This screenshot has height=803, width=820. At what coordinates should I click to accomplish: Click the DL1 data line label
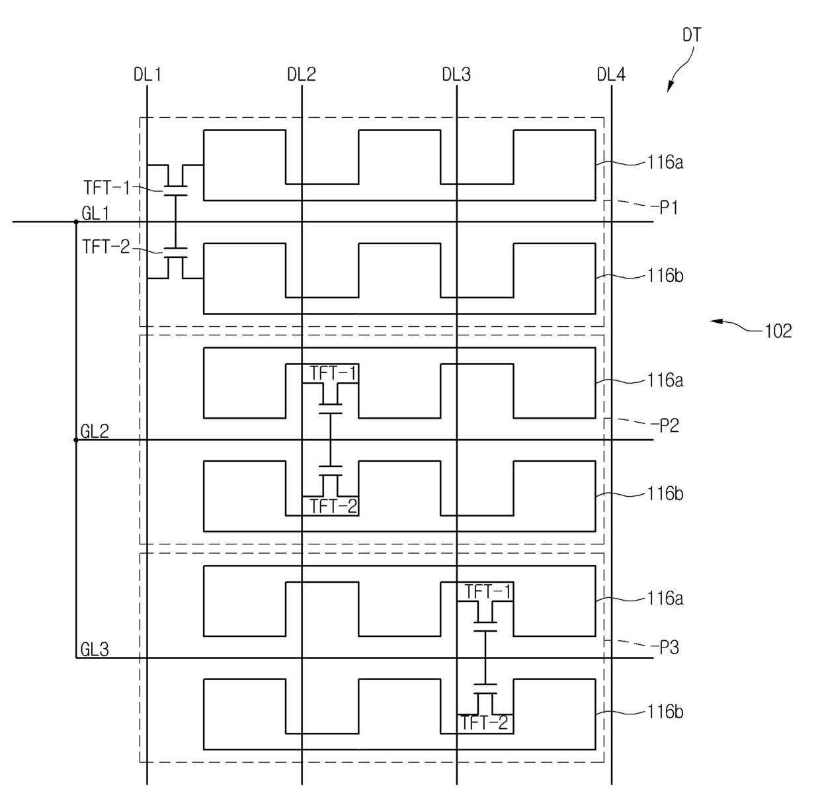[147, 75]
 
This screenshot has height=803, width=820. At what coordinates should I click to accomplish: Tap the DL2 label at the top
[302, 75]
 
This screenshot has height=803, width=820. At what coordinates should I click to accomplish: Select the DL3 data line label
[456, 75]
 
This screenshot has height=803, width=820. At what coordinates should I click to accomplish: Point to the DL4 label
[611, 75]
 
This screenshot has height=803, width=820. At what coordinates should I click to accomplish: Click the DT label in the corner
[692, 35]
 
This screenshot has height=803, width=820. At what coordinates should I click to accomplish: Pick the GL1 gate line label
[95, 213]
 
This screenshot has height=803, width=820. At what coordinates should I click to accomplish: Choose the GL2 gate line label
[95, 431]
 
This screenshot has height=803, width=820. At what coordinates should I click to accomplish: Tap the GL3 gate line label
[95, 650]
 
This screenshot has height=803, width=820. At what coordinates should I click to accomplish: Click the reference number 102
[779, 331]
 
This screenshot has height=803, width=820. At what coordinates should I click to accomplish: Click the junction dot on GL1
[76, 222]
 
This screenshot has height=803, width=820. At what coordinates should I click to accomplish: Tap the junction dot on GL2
[76, 441]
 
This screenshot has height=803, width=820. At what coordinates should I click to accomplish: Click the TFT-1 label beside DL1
[106, 187]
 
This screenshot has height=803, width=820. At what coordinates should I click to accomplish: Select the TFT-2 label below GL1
[106, 247]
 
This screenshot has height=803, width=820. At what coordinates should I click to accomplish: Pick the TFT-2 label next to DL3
[485, 722]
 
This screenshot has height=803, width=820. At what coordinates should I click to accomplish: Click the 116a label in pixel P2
[665, 380]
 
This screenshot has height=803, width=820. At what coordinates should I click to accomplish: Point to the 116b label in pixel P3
[665, 712]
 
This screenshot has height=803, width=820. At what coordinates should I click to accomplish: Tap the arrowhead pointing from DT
[670, 87]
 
